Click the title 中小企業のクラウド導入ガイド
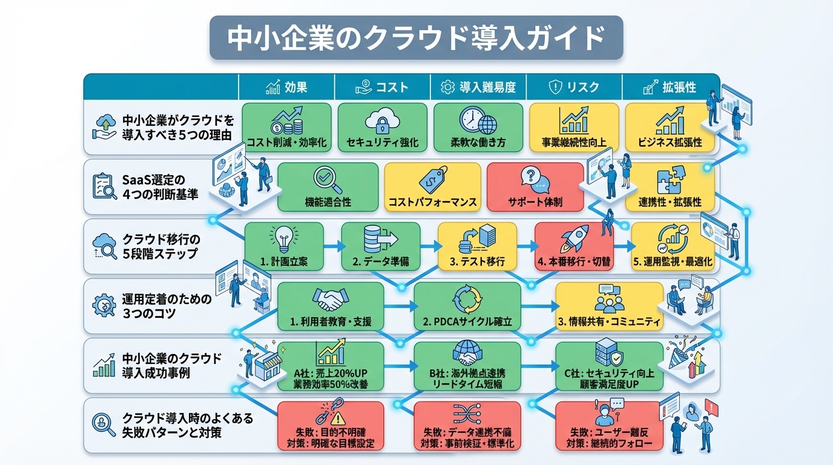coord(416,38)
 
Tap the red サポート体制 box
coord(535,186)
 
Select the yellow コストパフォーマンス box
coord(432,186)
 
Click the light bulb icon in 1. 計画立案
coord(283,237)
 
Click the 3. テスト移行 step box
coord(477,246)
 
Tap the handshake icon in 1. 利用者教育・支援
coord(329,298)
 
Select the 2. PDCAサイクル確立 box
coord(467,306)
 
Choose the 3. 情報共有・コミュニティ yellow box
coord(609,306)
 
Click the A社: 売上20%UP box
coord(331,366)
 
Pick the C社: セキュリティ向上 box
coord(609,366)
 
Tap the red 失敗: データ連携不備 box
coord(467,426)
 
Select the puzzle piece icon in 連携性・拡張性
coord(670,180)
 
